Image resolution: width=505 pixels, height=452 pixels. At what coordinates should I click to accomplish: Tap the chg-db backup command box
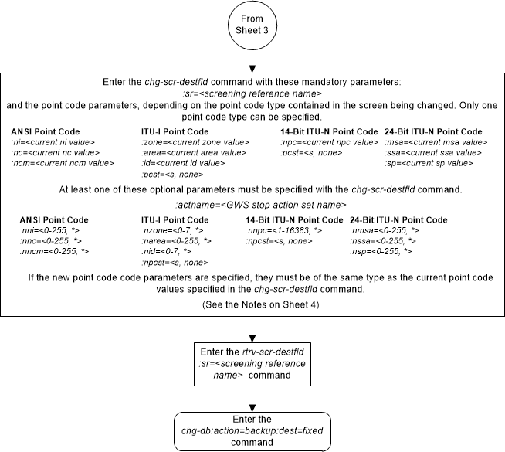252,429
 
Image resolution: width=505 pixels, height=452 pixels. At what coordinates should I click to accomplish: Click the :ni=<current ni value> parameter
48,142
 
